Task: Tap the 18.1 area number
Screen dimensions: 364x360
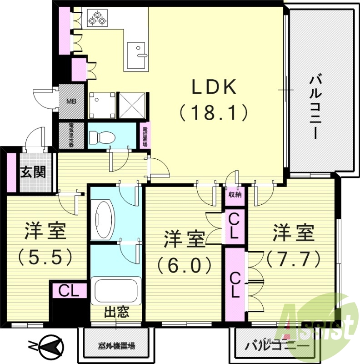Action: (213, 111)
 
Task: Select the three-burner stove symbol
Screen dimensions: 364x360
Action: (96, 18)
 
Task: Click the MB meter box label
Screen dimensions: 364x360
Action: (72, 101)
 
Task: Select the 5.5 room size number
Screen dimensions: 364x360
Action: (45, 258)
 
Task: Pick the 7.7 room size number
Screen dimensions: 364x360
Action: (293, 259)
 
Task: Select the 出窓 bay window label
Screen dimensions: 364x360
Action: (116, 313)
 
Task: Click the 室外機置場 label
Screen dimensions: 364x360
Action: (116, 346)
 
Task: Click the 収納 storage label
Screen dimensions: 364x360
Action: (235, 194)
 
